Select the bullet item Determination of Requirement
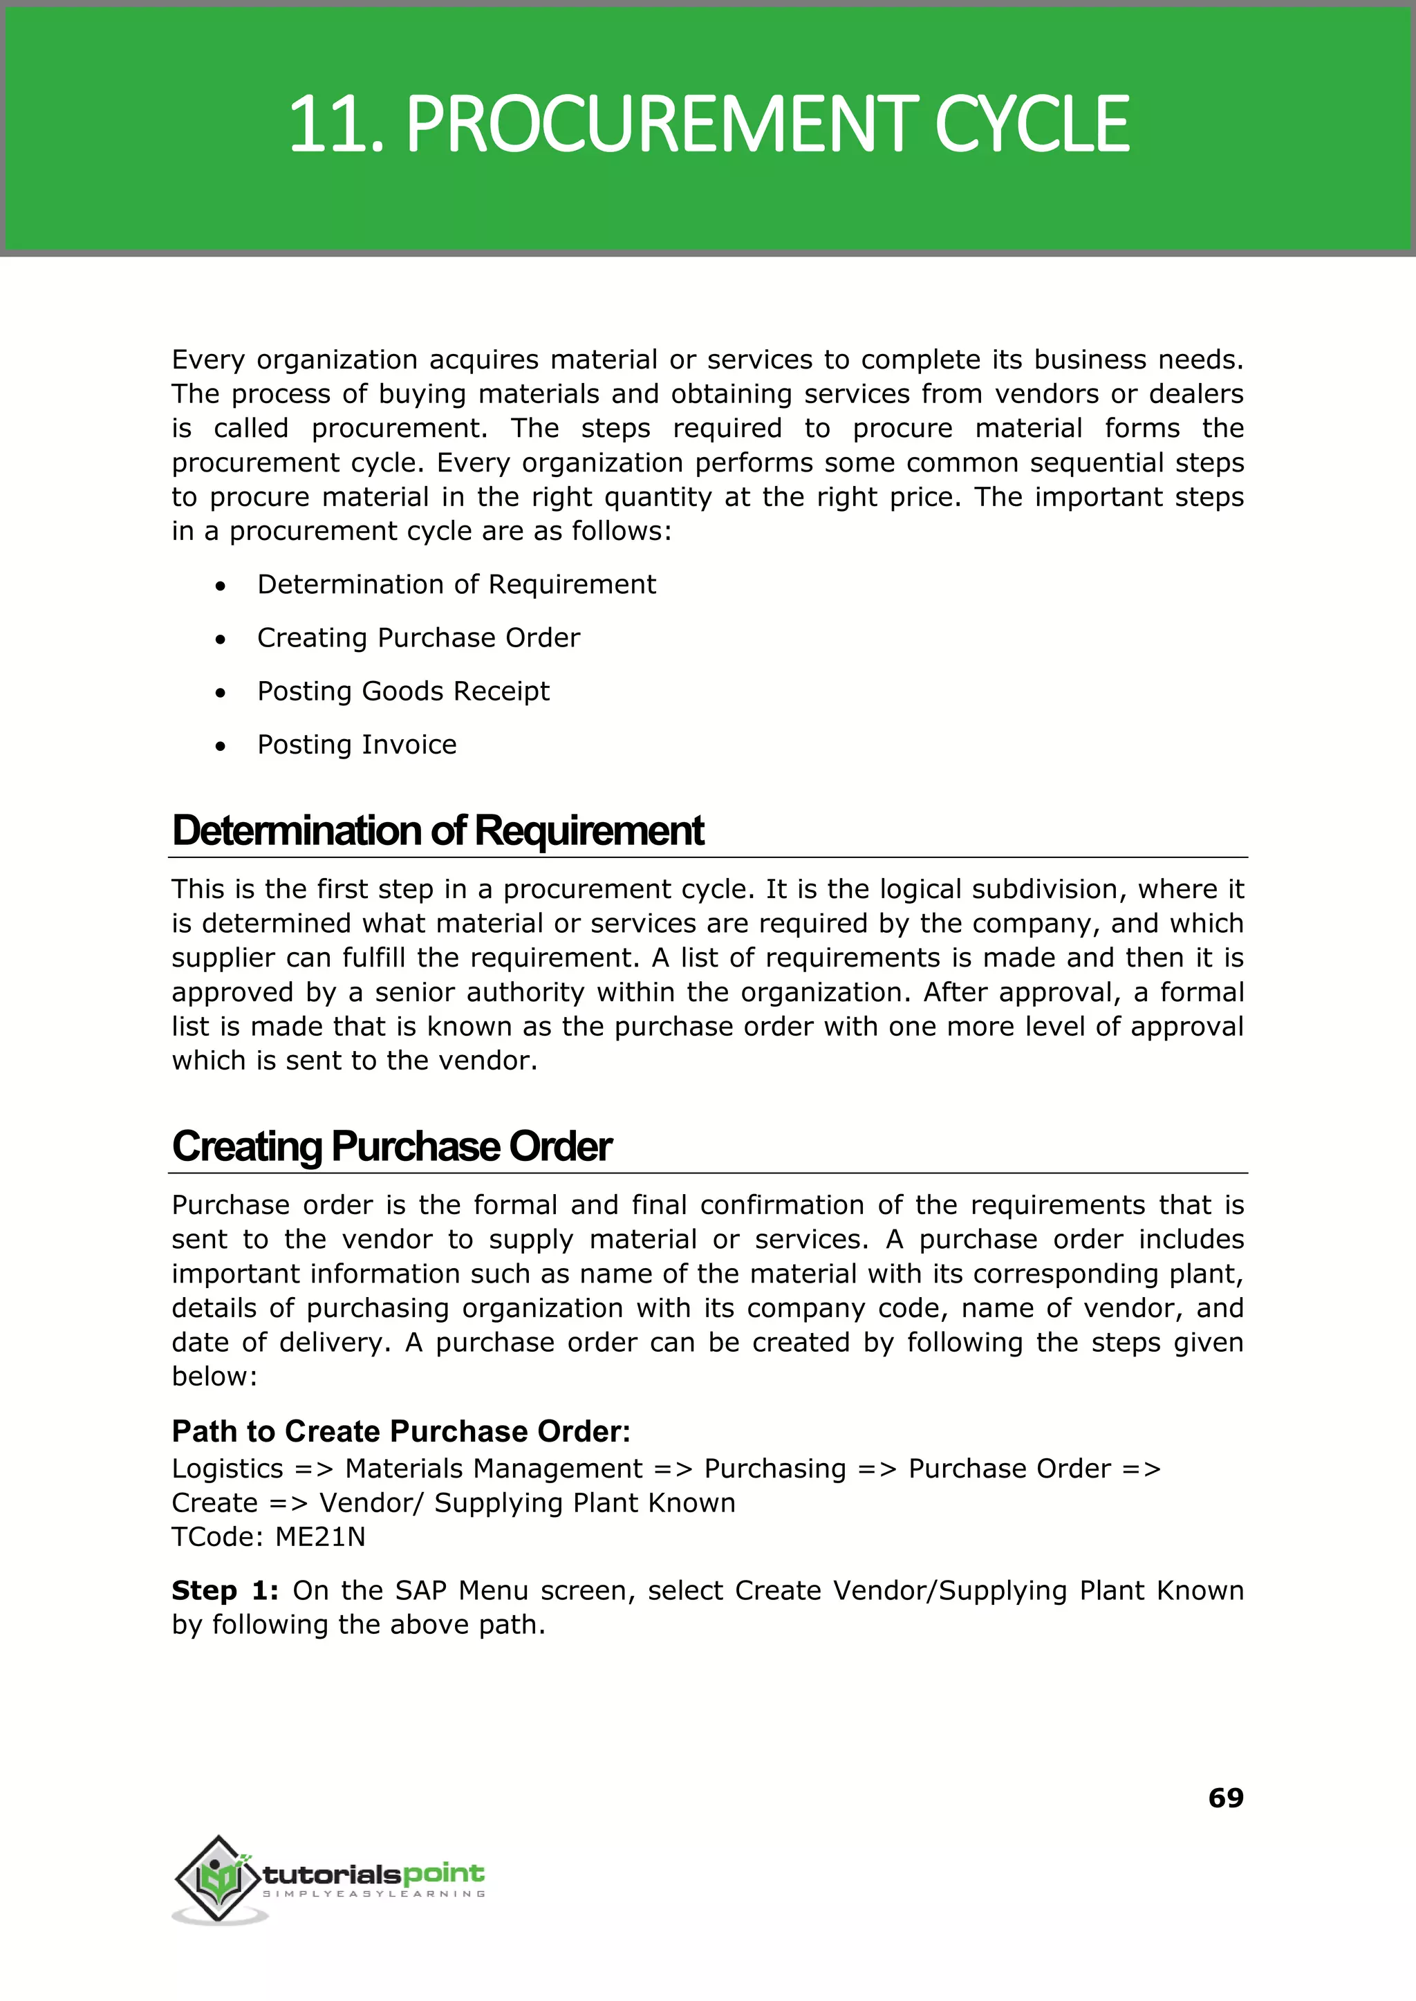(x=456, y=584)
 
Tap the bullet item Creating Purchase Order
(x=418, y=637)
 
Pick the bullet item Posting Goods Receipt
(x=403, y=691)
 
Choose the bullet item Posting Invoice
(x=357, y=745)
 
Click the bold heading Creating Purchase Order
(x=391, y=1146)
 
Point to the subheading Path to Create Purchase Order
(x=400, y=1432)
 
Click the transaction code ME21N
(x=320, y=1537)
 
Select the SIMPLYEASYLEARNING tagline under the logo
(x=374, y=1894)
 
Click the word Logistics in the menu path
(x=227, y=1469)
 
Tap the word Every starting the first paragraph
(x=207, y=360)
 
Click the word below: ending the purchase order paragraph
(x=214, y=1377)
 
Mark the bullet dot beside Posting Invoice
(x=221, y=746)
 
